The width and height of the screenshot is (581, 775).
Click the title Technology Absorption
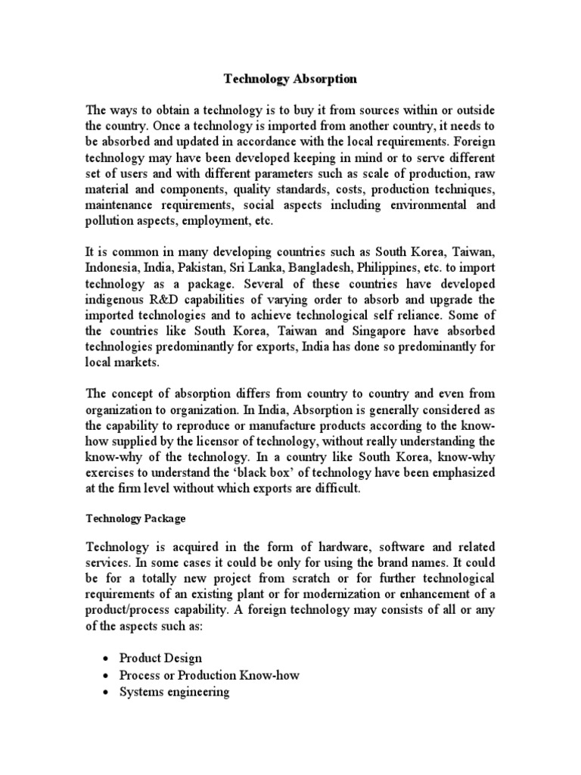[290, 79]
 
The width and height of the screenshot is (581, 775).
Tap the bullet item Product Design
[160, 658]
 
